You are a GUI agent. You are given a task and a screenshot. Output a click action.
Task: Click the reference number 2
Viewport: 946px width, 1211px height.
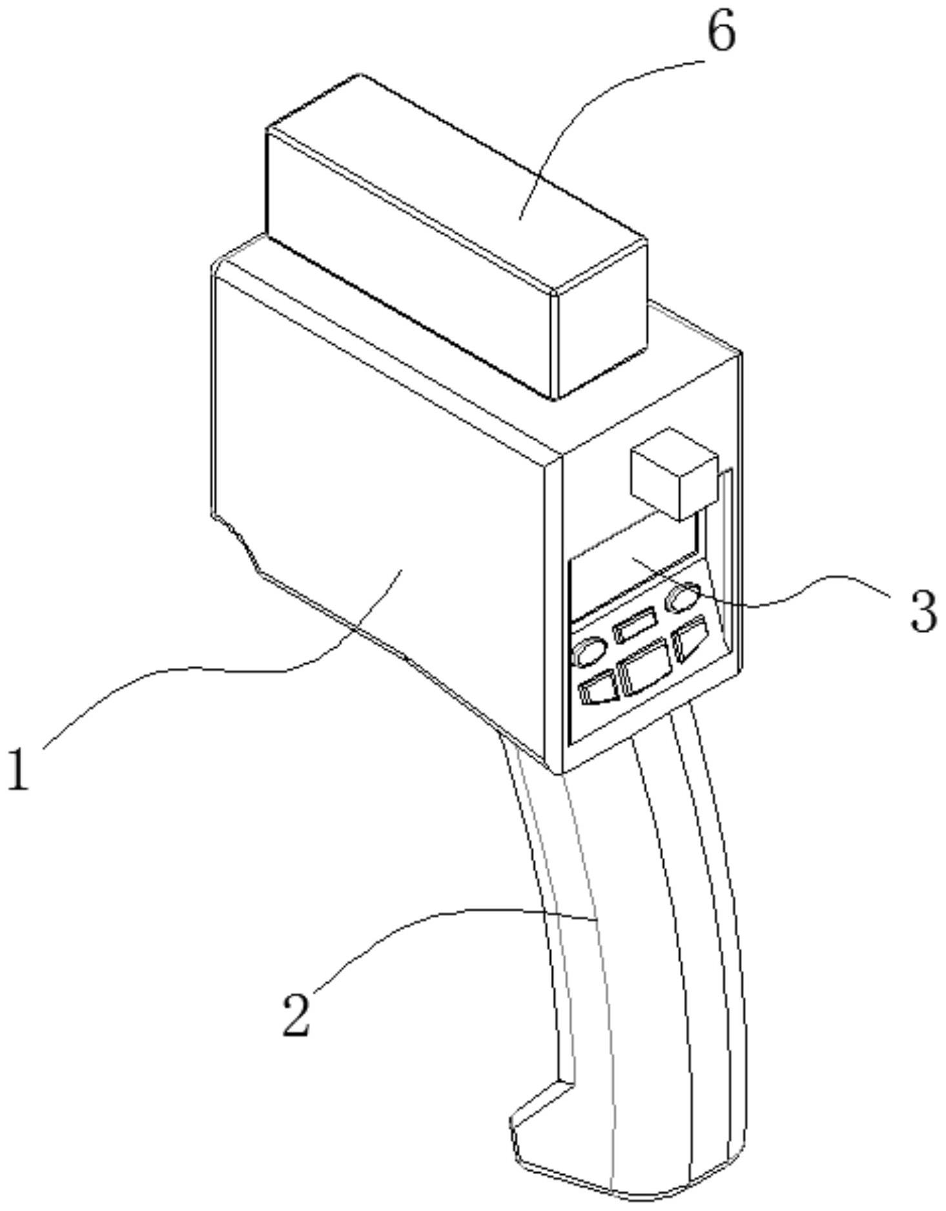point(297,1015)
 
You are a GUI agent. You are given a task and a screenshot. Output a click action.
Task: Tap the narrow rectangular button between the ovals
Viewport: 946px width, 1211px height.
point(636,628)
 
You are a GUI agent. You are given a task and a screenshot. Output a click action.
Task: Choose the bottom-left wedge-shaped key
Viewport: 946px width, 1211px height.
point(599,687)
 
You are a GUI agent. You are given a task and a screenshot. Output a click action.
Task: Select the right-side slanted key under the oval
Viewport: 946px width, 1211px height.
point(690,637)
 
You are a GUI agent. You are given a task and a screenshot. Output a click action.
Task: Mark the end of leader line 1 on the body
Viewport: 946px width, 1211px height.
point(402,570)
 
